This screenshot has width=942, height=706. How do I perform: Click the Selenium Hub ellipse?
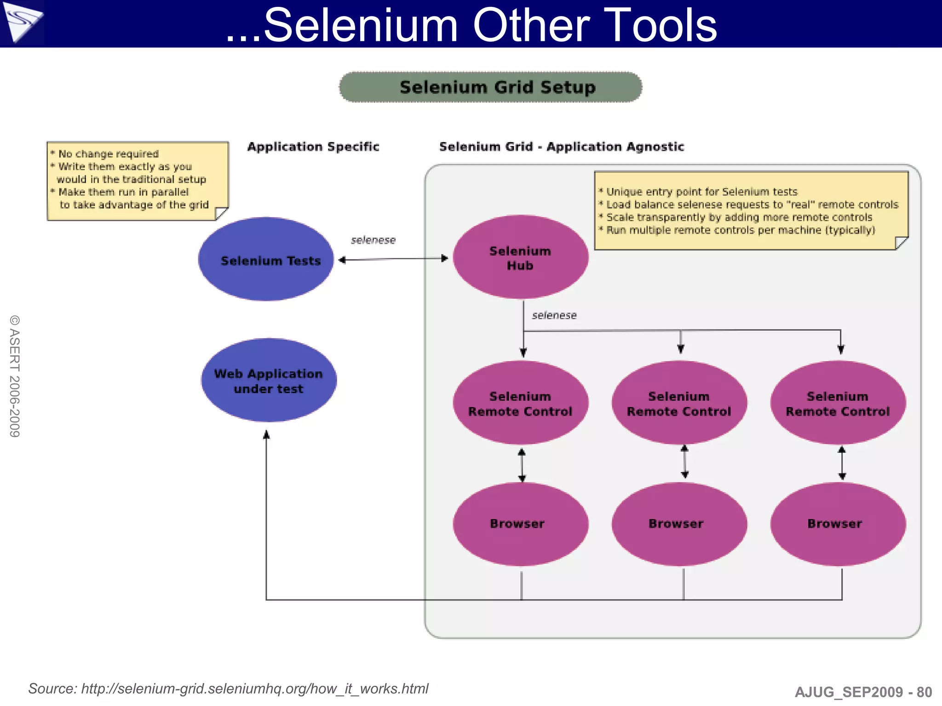(520, 257)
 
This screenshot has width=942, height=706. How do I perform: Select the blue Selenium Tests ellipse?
(266, 260)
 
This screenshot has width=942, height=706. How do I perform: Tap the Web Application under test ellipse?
(269, 381)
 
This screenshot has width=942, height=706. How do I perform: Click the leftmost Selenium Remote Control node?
(520, 403)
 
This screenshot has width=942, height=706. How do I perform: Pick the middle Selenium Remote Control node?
(679, 403)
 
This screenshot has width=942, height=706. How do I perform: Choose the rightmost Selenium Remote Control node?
(838, 403)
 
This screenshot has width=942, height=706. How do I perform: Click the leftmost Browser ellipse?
(520, 524)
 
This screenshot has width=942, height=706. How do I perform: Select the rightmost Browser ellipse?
(838, 524)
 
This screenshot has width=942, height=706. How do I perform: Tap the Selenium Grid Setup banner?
(490, 87)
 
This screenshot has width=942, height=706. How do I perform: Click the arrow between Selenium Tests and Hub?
(393, 259)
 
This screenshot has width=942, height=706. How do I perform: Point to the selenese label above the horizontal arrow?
(373, 240)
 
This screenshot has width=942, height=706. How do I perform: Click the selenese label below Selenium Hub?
(554, 315)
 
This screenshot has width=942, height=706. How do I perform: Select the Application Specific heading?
(313, 147)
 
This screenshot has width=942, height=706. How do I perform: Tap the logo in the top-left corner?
(22, 22)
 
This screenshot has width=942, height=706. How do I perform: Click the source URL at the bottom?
(254, 689)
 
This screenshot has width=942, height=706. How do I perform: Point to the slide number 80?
(924, 692)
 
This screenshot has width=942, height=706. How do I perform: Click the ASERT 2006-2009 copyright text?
(15, 376)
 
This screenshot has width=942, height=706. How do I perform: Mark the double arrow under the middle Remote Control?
(684, 462)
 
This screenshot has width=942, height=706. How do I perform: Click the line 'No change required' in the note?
(108, 154)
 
